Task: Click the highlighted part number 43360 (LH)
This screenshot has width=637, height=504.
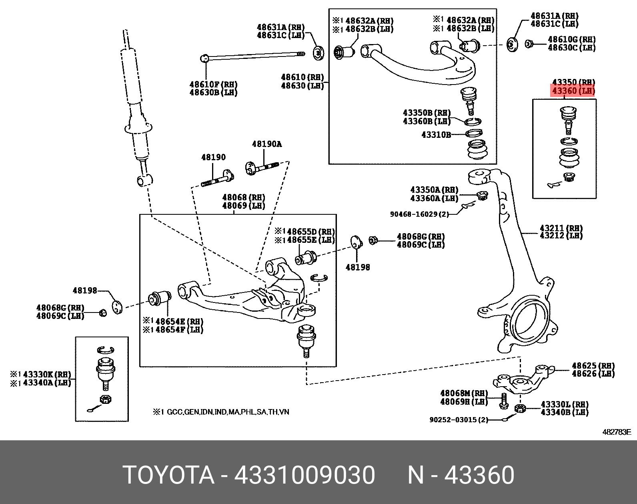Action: coord(573,91)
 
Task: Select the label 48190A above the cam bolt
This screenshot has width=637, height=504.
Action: coord(266,144)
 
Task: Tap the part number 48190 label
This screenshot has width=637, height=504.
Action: coord(213,157)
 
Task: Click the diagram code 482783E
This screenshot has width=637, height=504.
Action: coord(617,432)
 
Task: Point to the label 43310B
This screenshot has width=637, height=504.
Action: coord(436,135)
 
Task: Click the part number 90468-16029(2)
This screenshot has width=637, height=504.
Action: coord(419,214)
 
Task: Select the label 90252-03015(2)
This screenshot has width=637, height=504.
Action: coord(459,420)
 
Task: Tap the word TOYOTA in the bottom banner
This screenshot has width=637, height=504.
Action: coord(168,476)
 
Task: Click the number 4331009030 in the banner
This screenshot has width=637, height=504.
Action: coord(304,476)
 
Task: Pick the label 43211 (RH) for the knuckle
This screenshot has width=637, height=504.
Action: coord(561,228)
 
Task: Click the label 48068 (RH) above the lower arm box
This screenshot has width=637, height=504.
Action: coord(243,198)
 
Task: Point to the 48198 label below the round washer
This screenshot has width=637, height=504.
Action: coord(358,267)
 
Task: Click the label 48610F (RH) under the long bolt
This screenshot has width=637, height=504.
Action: coord(213,85)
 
